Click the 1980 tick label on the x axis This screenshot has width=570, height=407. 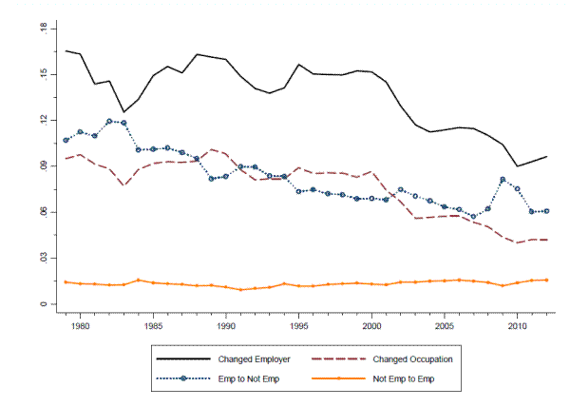(80, 325)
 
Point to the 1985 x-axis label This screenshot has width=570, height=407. (153, 325)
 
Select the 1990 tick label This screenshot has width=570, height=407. (226, 325)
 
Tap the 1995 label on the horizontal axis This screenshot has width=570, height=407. (299, 325)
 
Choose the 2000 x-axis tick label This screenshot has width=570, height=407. (371, 325)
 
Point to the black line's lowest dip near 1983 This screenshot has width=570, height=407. (123, 112)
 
